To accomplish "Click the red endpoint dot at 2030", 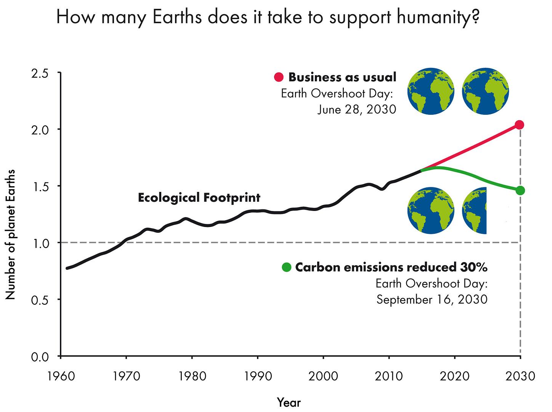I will click(x=520, y=125).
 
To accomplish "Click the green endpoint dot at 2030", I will click(x=520, y=190).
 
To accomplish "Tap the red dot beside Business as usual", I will click(x=279, y=77).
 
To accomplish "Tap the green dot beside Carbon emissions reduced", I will click(x=286, y=267).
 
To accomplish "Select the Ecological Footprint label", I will click(x=199, y=198).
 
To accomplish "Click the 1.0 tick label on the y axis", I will click(x=39, y=243).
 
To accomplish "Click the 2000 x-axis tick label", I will click(x=323, y=376).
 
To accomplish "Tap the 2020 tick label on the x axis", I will click(x=454, y=376).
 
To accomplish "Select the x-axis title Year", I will click(x=289, y=402).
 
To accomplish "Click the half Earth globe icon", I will click(x=475, y=210).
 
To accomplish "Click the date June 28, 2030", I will click(x=357, y=110).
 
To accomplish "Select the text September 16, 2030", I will click(x=432, y=299).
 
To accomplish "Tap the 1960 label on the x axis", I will click(x=61, y=376).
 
